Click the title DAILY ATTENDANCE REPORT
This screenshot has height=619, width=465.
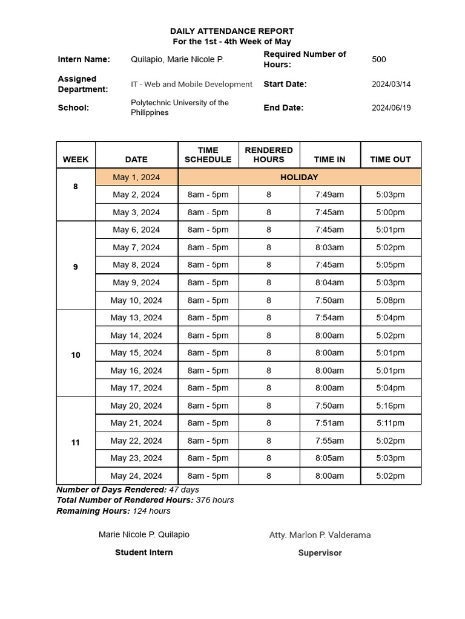232,31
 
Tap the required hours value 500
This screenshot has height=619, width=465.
378,59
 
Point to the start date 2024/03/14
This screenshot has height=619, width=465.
391,84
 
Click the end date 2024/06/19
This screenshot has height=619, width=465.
391,108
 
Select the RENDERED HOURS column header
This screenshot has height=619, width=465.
269,155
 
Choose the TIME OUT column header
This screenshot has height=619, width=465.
391,160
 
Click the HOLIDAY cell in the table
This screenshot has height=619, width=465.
299,177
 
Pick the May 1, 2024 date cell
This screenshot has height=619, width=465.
136,177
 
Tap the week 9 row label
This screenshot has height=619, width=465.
76,267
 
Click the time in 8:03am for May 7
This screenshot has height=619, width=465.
329,247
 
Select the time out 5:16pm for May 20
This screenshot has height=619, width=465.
391,406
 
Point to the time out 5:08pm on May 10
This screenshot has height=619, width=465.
391,300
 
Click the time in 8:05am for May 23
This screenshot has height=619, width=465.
329,458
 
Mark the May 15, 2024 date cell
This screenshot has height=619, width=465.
136,353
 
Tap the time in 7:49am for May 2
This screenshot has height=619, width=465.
329,195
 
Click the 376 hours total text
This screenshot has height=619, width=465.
215,500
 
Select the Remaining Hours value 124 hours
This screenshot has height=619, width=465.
151,511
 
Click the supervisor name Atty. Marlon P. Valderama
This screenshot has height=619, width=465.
320,535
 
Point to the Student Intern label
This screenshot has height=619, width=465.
144,553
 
